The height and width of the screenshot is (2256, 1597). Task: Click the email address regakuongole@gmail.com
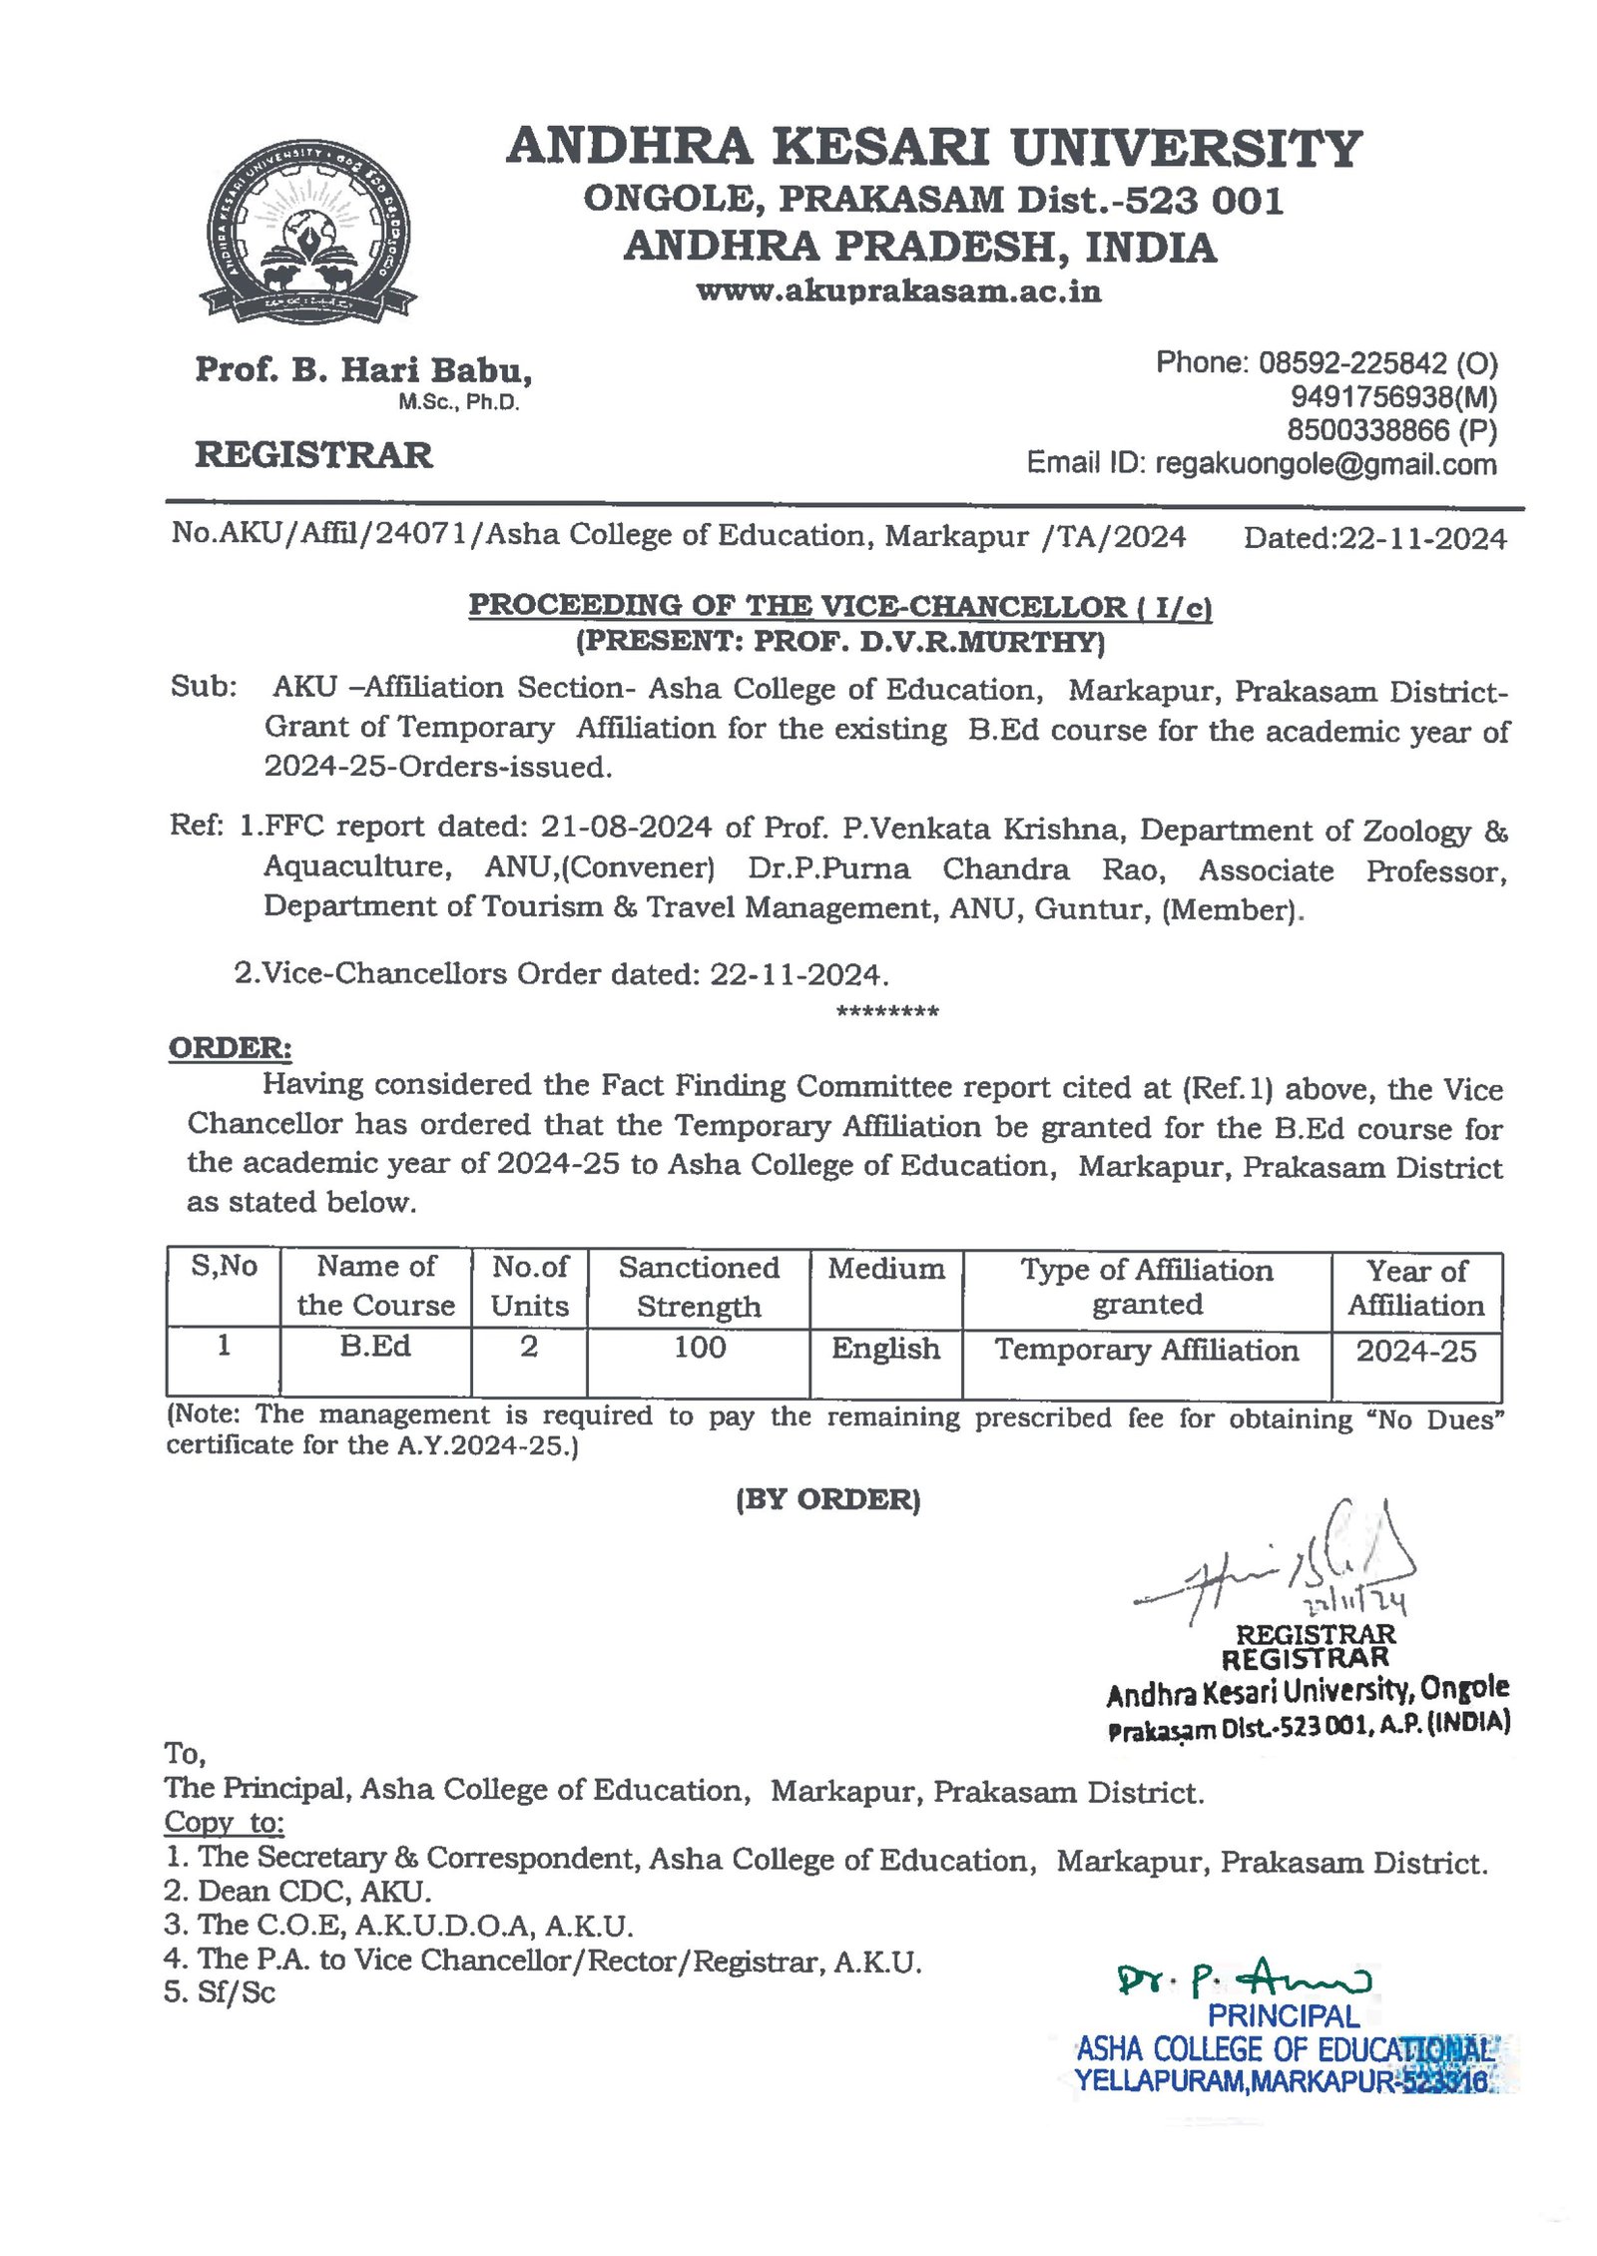coord(1325,464)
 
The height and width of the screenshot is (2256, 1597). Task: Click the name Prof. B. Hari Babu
coord(363,370)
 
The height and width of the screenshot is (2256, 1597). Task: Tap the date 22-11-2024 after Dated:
coord(1422,539)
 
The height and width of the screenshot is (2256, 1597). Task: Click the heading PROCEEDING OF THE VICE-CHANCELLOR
coord(840,606)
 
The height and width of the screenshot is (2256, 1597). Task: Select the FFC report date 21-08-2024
coord(626,828)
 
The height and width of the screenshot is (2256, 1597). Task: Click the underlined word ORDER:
coord(230,1048)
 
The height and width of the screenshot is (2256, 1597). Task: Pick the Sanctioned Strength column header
coord(699,1287)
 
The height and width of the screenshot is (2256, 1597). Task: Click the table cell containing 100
coord(699,1349)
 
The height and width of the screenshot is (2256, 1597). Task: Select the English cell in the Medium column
coord(885,1350)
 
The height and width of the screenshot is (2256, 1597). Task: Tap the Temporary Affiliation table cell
coord(1146,1351)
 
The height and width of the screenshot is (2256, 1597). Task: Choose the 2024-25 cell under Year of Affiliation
coord(1415,1352)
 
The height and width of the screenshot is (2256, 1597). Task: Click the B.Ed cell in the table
coord(375,1347)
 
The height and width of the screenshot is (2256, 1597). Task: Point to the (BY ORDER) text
coord(827,1499)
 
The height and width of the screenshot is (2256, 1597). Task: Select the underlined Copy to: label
coord(225,1823)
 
